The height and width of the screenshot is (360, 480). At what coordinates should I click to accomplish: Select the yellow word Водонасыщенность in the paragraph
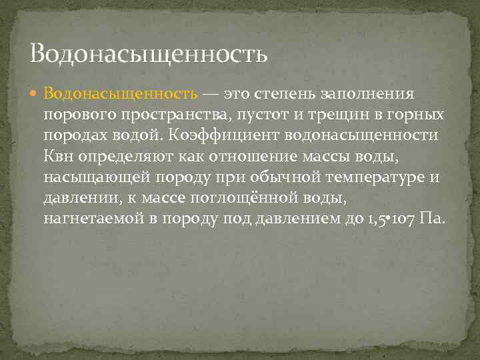tap(121, 94)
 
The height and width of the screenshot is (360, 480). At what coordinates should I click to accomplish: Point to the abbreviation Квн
tap(59, 157)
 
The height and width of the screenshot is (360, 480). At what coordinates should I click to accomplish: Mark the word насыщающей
tap(94, 178)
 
